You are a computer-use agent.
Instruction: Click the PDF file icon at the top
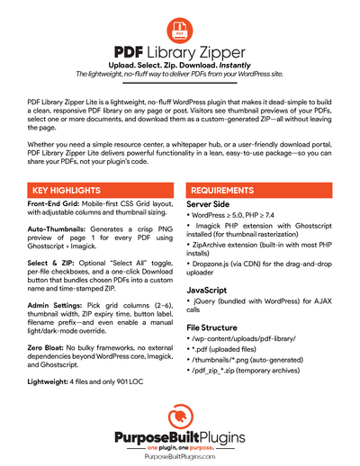click(180, 30)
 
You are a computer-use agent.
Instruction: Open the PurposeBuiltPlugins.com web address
click(179, 456)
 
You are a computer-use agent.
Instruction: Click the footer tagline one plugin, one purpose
click(179, 447)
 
